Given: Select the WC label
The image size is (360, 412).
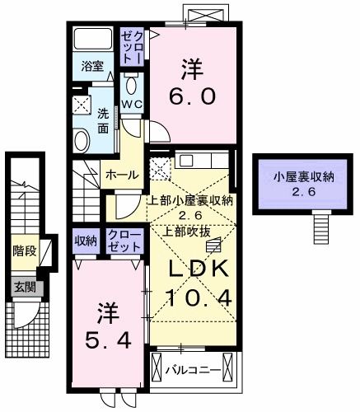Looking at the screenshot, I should (133, 103).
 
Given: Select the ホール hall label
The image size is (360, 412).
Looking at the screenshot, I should (120, 174).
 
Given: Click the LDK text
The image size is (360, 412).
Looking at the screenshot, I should (194, 270).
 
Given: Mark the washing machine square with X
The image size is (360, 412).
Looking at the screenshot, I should (82, 105).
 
